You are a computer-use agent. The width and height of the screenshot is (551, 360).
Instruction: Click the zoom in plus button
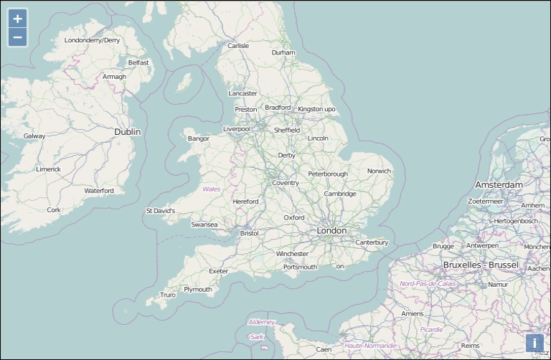click(x=17, y=19)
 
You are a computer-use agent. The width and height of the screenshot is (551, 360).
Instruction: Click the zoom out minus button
click(x=17, y=37)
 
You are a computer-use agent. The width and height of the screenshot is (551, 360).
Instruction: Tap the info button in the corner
click(x=534, y=343)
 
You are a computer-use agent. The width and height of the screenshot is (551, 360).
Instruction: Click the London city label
click(x=331, y=231)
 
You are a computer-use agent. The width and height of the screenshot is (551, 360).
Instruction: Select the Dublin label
click(x=128, y=132)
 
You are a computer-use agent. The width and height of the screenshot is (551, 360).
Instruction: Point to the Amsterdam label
click(x=499, y=185)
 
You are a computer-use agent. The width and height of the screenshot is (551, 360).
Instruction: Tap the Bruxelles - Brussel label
click(x=480, y=265)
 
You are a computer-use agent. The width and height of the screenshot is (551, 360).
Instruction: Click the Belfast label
click(x=138, y=62)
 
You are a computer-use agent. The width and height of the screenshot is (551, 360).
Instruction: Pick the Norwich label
click(x=379, y=171)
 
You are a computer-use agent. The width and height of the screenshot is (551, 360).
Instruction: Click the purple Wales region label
click(x=212, y=189)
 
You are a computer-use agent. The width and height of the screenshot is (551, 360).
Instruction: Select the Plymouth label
click(x=197, y=290)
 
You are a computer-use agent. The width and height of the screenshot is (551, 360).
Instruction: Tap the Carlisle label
click(x=238, y=46)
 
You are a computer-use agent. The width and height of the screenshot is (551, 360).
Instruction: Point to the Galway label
click(x=34, y=136)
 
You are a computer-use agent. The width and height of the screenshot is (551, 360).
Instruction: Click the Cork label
click(x=54, y=210)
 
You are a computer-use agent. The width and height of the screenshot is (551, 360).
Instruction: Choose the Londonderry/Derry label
click(x=93, y=40)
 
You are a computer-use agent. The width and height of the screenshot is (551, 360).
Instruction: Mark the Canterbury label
click(x=372, y=242)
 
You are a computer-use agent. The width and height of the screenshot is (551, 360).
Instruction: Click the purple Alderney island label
click(x=261, y=322)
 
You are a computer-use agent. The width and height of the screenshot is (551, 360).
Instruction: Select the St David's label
click(x=160, y=211)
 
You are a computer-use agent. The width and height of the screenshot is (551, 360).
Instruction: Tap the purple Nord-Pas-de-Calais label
click(x=428, y=284)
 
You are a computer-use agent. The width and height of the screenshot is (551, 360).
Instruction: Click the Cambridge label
click(x=339, y=194)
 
